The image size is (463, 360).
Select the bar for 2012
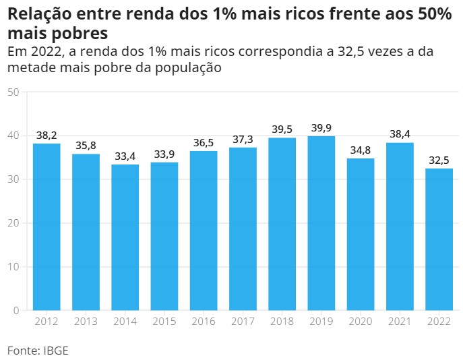(47, 227)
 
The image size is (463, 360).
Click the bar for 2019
(321, 223)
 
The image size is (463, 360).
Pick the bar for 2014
(125, 237)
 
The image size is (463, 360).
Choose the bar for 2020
(361, 234)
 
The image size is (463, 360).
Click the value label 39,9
(321, 128)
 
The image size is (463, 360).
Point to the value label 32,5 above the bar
(439, 160)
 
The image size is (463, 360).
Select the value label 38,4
(400, 134)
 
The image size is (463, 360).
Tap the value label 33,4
(125, 156)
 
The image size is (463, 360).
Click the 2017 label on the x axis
(243, 322)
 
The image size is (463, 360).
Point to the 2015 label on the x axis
(164, 322)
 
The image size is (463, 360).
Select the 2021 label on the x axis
(400, 322)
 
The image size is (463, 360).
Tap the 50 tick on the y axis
(12, 92)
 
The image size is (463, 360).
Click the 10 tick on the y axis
(12, 267)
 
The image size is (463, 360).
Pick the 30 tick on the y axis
(12, 179)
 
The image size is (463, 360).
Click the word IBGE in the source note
(56, 351)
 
